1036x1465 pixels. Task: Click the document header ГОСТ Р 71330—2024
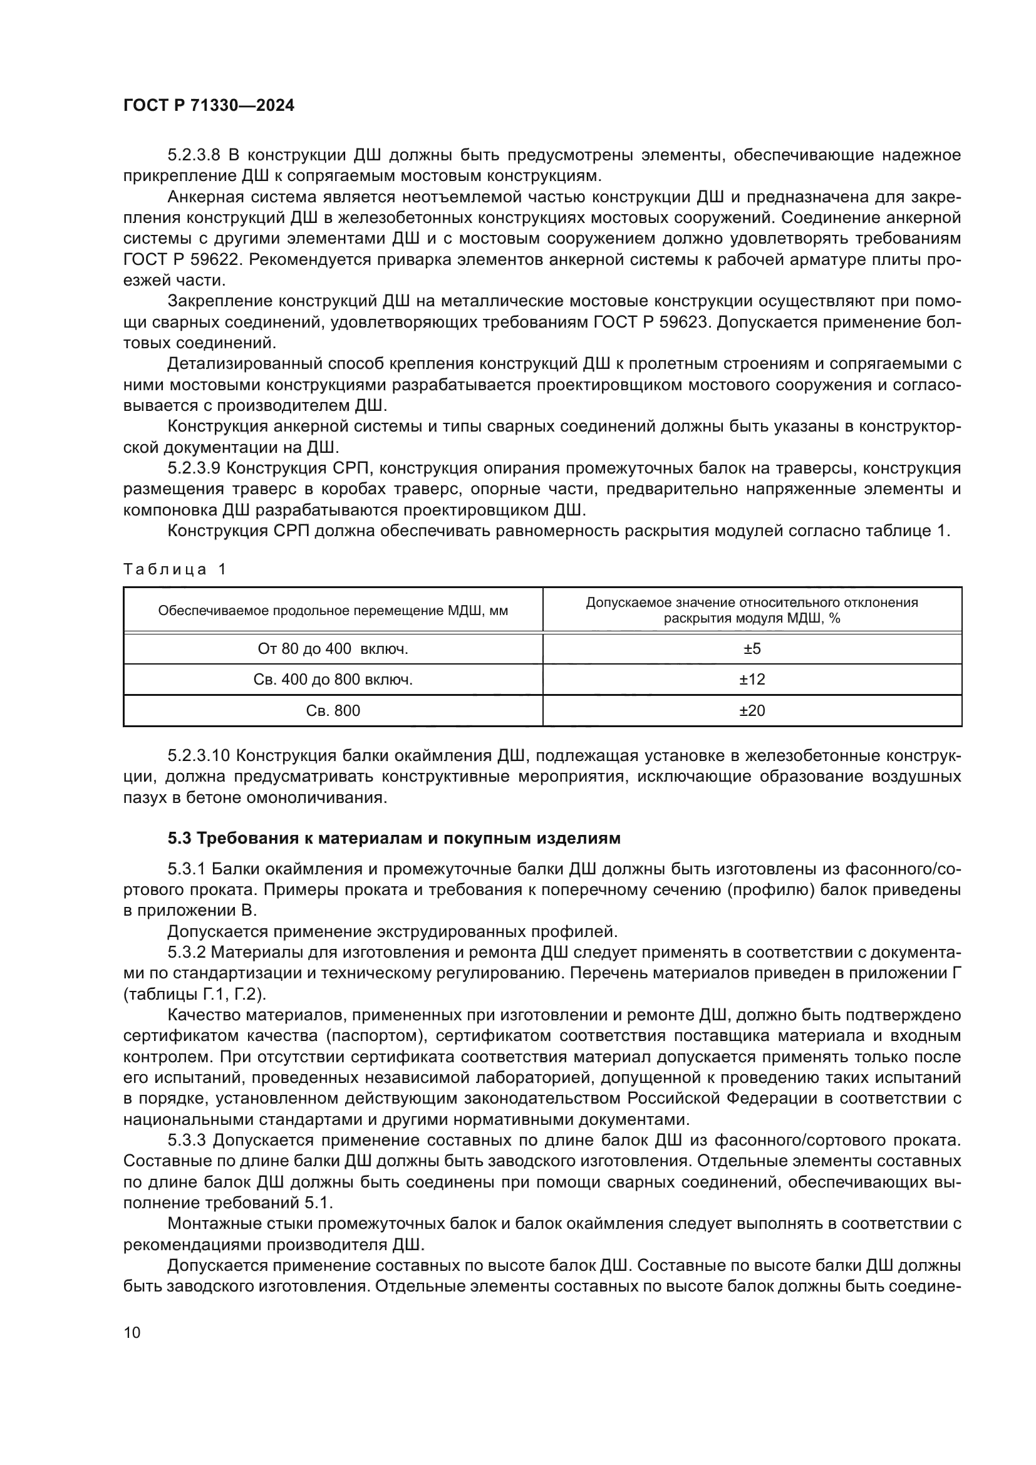[209, 106]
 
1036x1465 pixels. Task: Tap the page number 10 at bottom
[132, 1332]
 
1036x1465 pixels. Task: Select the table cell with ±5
[752, 649]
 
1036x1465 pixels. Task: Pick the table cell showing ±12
[752, 680]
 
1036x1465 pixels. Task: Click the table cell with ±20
[752, 711]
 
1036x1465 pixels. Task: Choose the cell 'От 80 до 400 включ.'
[333, 649]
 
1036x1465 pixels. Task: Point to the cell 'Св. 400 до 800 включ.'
[333, 680]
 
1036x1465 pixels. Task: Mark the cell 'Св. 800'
[333, 711]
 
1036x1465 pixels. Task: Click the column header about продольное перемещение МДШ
[333, 611]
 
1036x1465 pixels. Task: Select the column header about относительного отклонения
[752, 611]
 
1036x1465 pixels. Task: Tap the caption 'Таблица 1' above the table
[175, 569]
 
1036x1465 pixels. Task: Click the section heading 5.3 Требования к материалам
[393, 839]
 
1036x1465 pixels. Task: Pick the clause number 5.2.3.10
[198, 756]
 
